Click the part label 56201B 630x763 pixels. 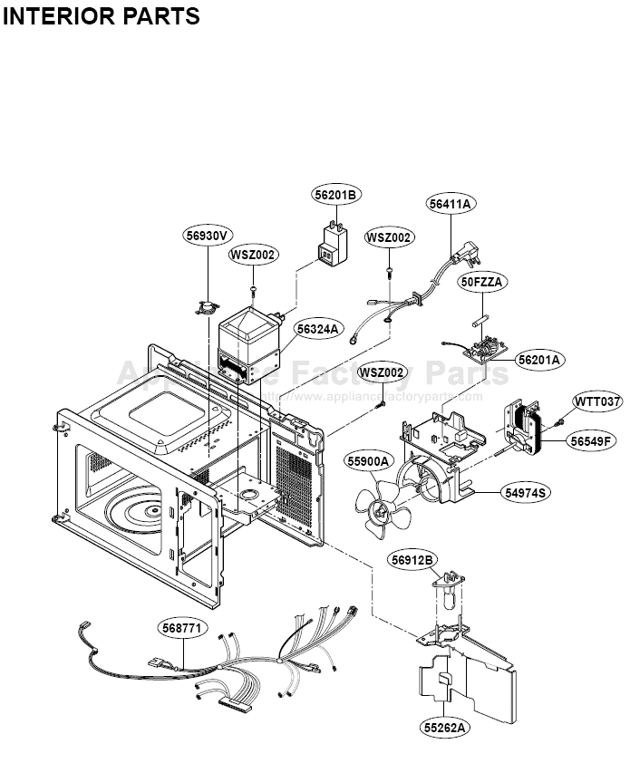pos(337,195)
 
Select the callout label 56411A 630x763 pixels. pos(451,205)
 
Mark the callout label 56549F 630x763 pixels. pos(593,441)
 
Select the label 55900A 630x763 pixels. pos(367,461)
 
